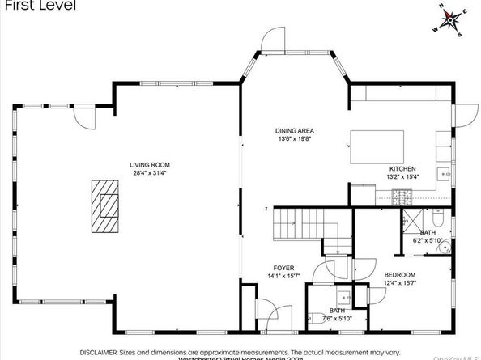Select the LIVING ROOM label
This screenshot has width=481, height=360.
point(150,165)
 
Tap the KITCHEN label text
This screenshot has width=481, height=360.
point(402,169)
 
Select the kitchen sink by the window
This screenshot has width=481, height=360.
point(445,172)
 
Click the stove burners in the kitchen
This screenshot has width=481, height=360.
point(402,196)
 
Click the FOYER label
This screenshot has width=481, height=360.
point(283,268)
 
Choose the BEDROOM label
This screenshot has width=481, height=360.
point(399,274)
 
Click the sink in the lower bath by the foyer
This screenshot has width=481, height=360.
point(343,295)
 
